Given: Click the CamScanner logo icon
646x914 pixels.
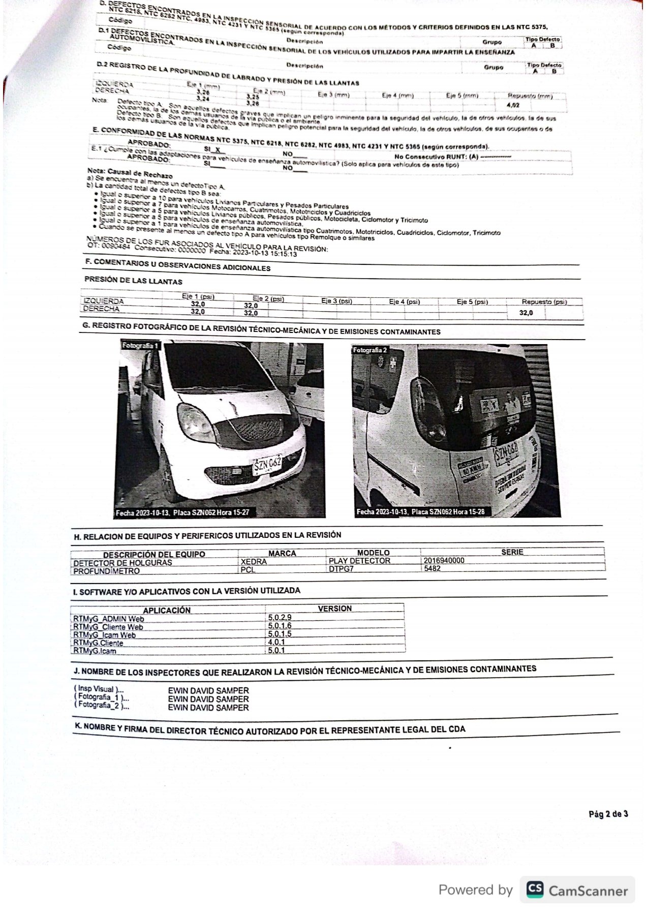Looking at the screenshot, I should tap(534, 889).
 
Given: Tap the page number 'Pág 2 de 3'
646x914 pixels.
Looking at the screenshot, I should tap(608, 814).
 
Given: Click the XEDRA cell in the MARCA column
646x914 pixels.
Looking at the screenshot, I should tap(254, 562).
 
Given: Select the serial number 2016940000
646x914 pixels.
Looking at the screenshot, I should tap(444, 560).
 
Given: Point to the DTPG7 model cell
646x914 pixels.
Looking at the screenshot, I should tap(341, 569).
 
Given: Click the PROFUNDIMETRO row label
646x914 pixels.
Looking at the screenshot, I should tap(106, 571).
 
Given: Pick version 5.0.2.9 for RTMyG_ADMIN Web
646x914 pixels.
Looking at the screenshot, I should tap(280, 617).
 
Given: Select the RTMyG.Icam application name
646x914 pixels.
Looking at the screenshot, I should tap(95, 651).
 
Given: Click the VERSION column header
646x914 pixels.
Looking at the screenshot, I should tap(334, 608).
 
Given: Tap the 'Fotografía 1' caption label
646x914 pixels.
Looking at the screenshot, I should tap(140, 346).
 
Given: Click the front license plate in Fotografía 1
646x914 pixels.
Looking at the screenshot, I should tap(267, 465).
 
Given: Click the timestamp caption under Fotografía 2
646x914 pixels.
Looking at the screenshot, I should tap(420, 511).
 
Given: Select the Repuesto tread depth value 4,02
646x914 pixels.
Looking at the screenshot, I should tap(513, 105).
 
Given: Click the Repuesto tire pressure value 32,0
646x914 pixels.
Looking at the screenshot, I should tap(526, 313).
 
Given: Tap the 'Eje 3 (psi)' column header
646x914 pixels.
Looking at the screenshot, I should tap(336, 301).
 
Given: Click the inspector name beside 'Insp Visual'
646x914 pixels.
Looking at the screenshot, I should tap(208, 691).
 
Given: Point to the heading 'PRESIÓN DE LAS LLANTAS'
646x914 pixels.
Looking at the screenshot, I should tap(133, 281).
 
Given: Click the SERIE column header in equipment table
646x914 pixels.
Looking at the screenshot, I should tap(512, 552).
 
